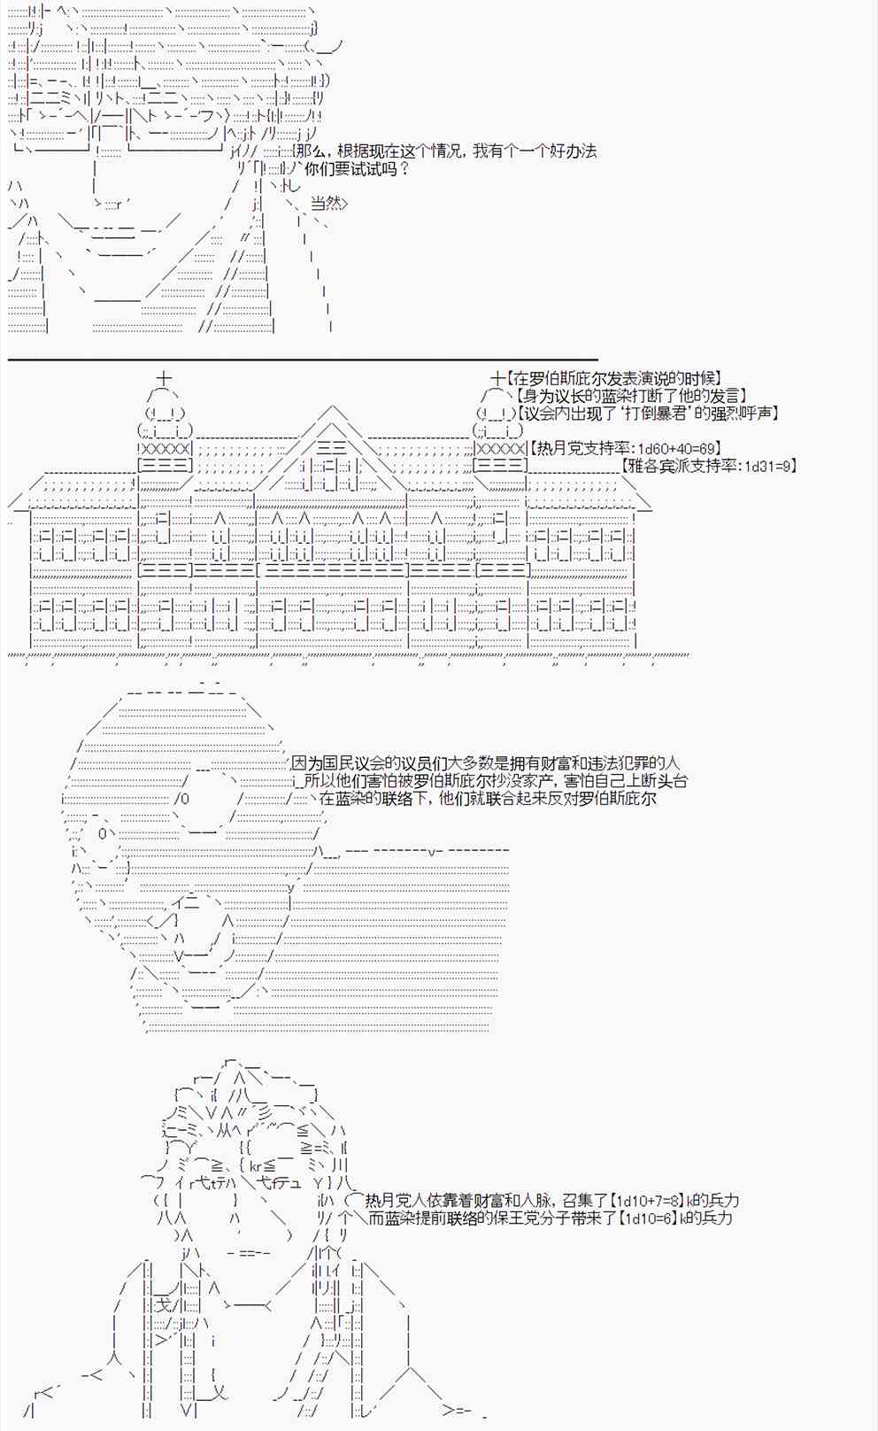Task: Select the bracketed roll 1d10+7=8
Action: (x=648, y=1201)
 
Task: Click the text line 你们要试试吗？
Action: (x=358, y=168)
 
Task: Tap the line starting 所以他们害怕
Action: (x=496, y=780)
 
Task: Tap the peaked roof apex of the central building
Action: (x=333, y=408)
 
